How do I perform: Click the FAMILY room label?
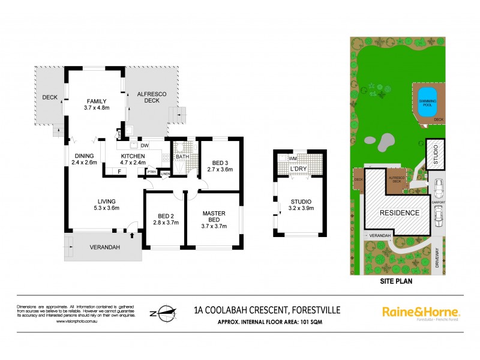pyautogui.click(x=96, y=101)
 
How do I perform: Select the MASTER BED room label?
pyautogui.click(x=214, y=214)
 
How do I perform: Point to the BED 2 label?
pyautogui.click(x=162, y=215)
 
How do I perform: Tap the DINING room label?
pyautogui.click(x=83, y=156)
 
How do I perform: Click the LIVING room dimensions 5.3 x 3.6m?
pyautogui.click(x=106, y=208)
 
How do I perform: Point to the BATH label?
pyautogui.click(x=182, y=157)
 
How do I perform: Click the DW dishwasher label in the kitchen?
pyautogui.click(x=144, y=145)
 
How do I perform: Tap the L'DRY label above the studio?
pyautogui.click(x=299, y=169)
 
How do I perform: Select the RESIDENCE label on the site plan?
pyautogui.click(x=398, y=213)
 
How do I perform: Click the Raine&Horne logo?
pyautogui.click(x=421, y=312)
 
